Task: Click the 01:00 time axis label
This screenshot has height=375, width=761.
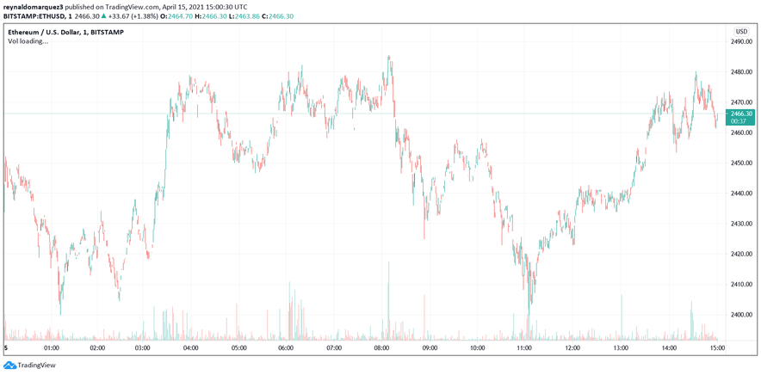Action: (x=51, y=348)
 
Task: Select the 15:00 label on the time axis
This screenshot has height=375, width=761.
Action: (x=716, y=348)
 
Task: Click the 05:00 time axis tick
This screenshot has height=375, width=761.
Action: (x=239, y=348)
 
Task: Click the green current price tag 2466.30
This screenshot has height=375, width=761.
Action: (x=740, y=117)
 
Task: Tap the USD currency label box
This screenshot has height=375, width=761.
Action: (x=740, y=31)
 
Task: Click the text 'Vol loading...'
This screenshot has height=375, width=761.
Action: (x=28, y=40)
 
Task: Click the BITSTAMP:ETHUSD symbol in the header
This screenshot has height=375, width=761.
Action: (x=34, y=15)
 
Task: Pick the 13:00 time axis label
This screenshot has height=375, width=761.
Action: (x=622, y=348)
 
